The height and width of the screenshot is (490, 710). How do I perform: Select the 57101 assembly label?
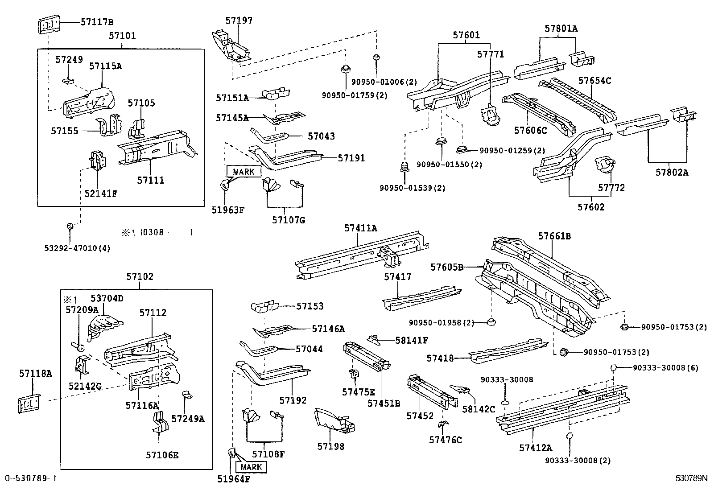122,35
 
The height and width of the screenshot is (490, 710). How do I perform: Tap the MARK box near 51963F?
244,172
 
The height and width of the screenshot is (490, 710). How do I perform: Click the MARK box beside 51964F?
251,467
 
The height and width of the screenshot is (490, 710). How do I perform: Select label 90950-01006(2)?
384,82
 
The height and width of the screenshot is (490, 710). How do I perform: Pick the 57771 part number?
490,54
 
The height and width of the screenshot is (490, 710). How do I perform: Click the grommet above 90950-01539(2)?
405,167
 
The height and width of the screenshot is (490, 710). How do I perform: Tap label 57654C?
594,81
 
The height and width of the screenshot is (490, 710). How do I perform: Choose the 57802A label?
672,172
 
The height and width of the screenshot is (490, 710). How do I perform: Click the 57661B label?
554,236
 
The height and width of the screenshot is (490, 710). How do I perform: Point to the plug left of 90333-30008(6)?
614,367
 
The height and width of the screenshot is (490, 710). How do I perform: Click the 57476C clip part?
444,424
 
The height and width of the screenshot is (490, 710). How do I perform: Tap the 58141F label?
411,340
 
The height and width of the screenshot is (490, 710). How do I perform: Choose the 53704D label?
107,298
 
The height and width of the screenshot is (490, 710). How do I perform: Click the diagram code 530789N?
691,478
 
